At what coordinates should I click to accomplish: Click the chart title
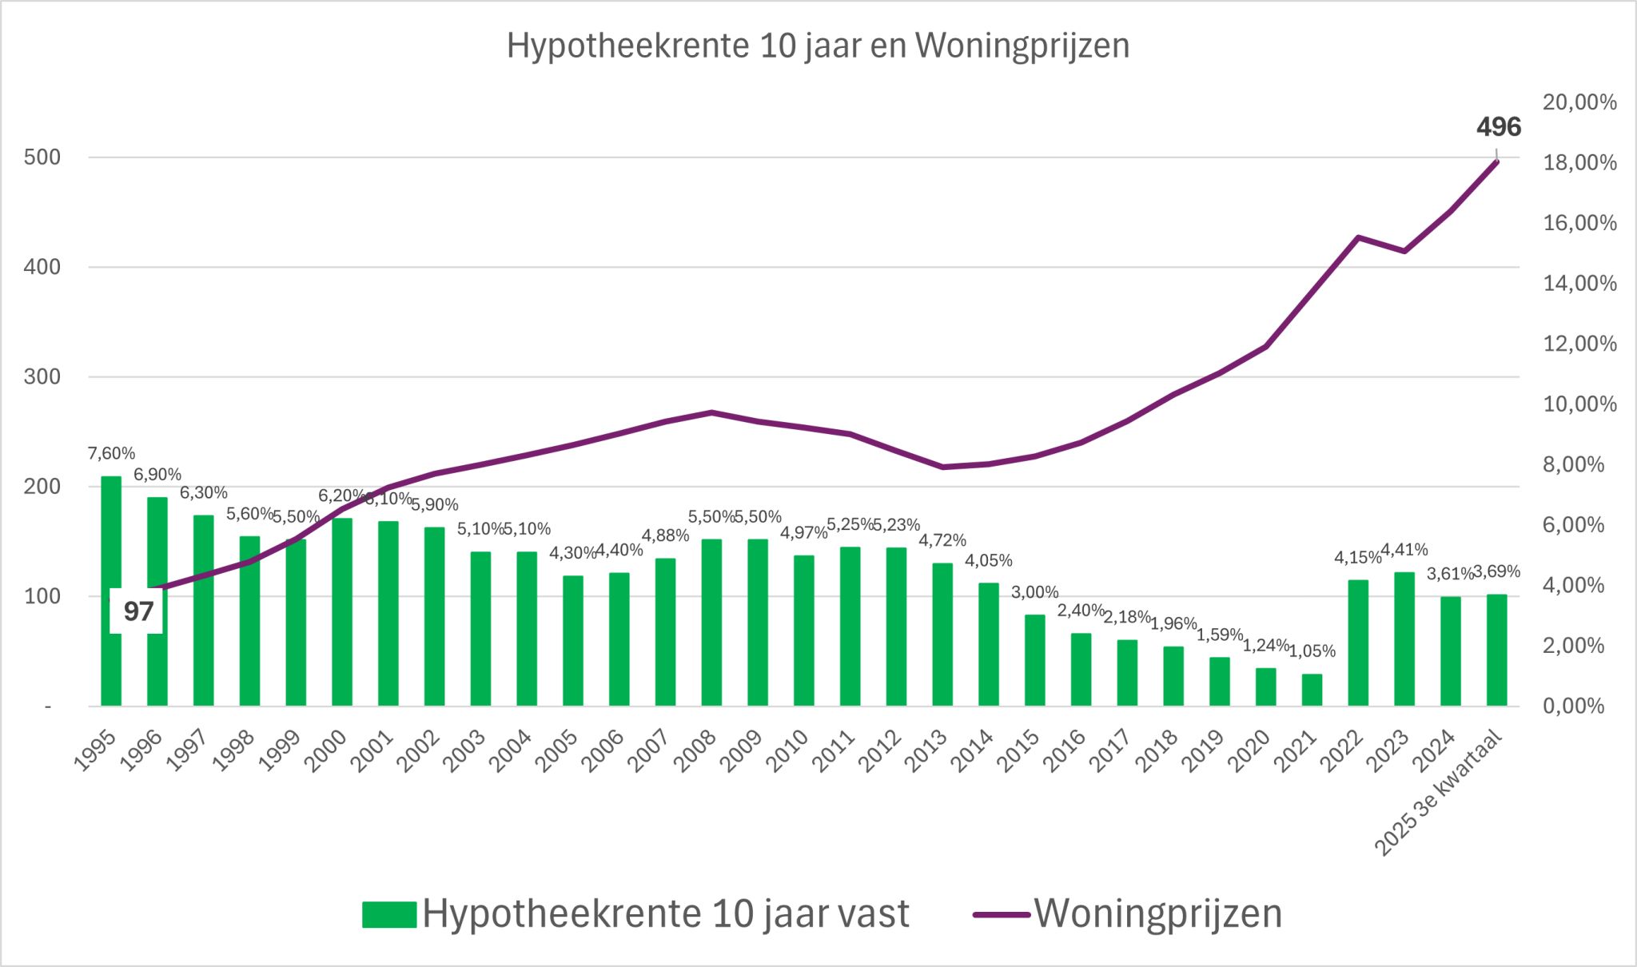pyautogui.click(x=818, y=46)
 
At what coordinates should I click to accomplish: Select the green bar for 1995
pyautogui.click(x=111, y=591)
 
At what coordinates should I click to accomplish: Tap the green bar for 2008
pyautogui.click(x=711, y=623)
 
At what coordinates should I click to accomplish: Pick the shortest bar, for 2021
pyautogui.click(x=1312, y=690)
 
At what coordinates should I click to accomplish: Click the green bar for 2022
pyautogui.click(x=1358, y=643)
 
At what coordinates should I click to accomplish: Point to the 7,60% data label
pyautogui.click(x=111, y=454)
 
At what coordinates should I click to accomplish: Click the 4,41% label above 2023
pyautogui.click(x=1404, y=550)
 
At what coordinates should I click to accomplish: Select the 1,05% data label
pyautogui.click(x=1312, y=651)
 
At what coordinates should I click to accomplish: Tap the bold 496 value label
pyautogui.click(x=1498, y=127)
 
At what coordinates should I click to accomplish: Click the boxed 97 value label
pyautogui.click(x=137, y=611)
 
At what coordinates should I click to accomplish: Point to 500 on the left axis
pyautogui.click(x=42, y=157)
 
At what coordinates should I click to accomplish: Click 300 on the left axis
pyautogui.click(x=42, y=376)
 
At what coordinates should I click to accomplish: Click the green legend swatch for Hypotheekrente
pyautogui.click(x=388, y=914)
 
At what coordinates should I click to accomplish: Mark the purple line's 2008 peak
pyautogui.click(x=711, y=412)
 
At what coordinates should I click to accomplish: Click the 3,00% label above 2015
pyautogui.click(x=1034, y=593)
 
